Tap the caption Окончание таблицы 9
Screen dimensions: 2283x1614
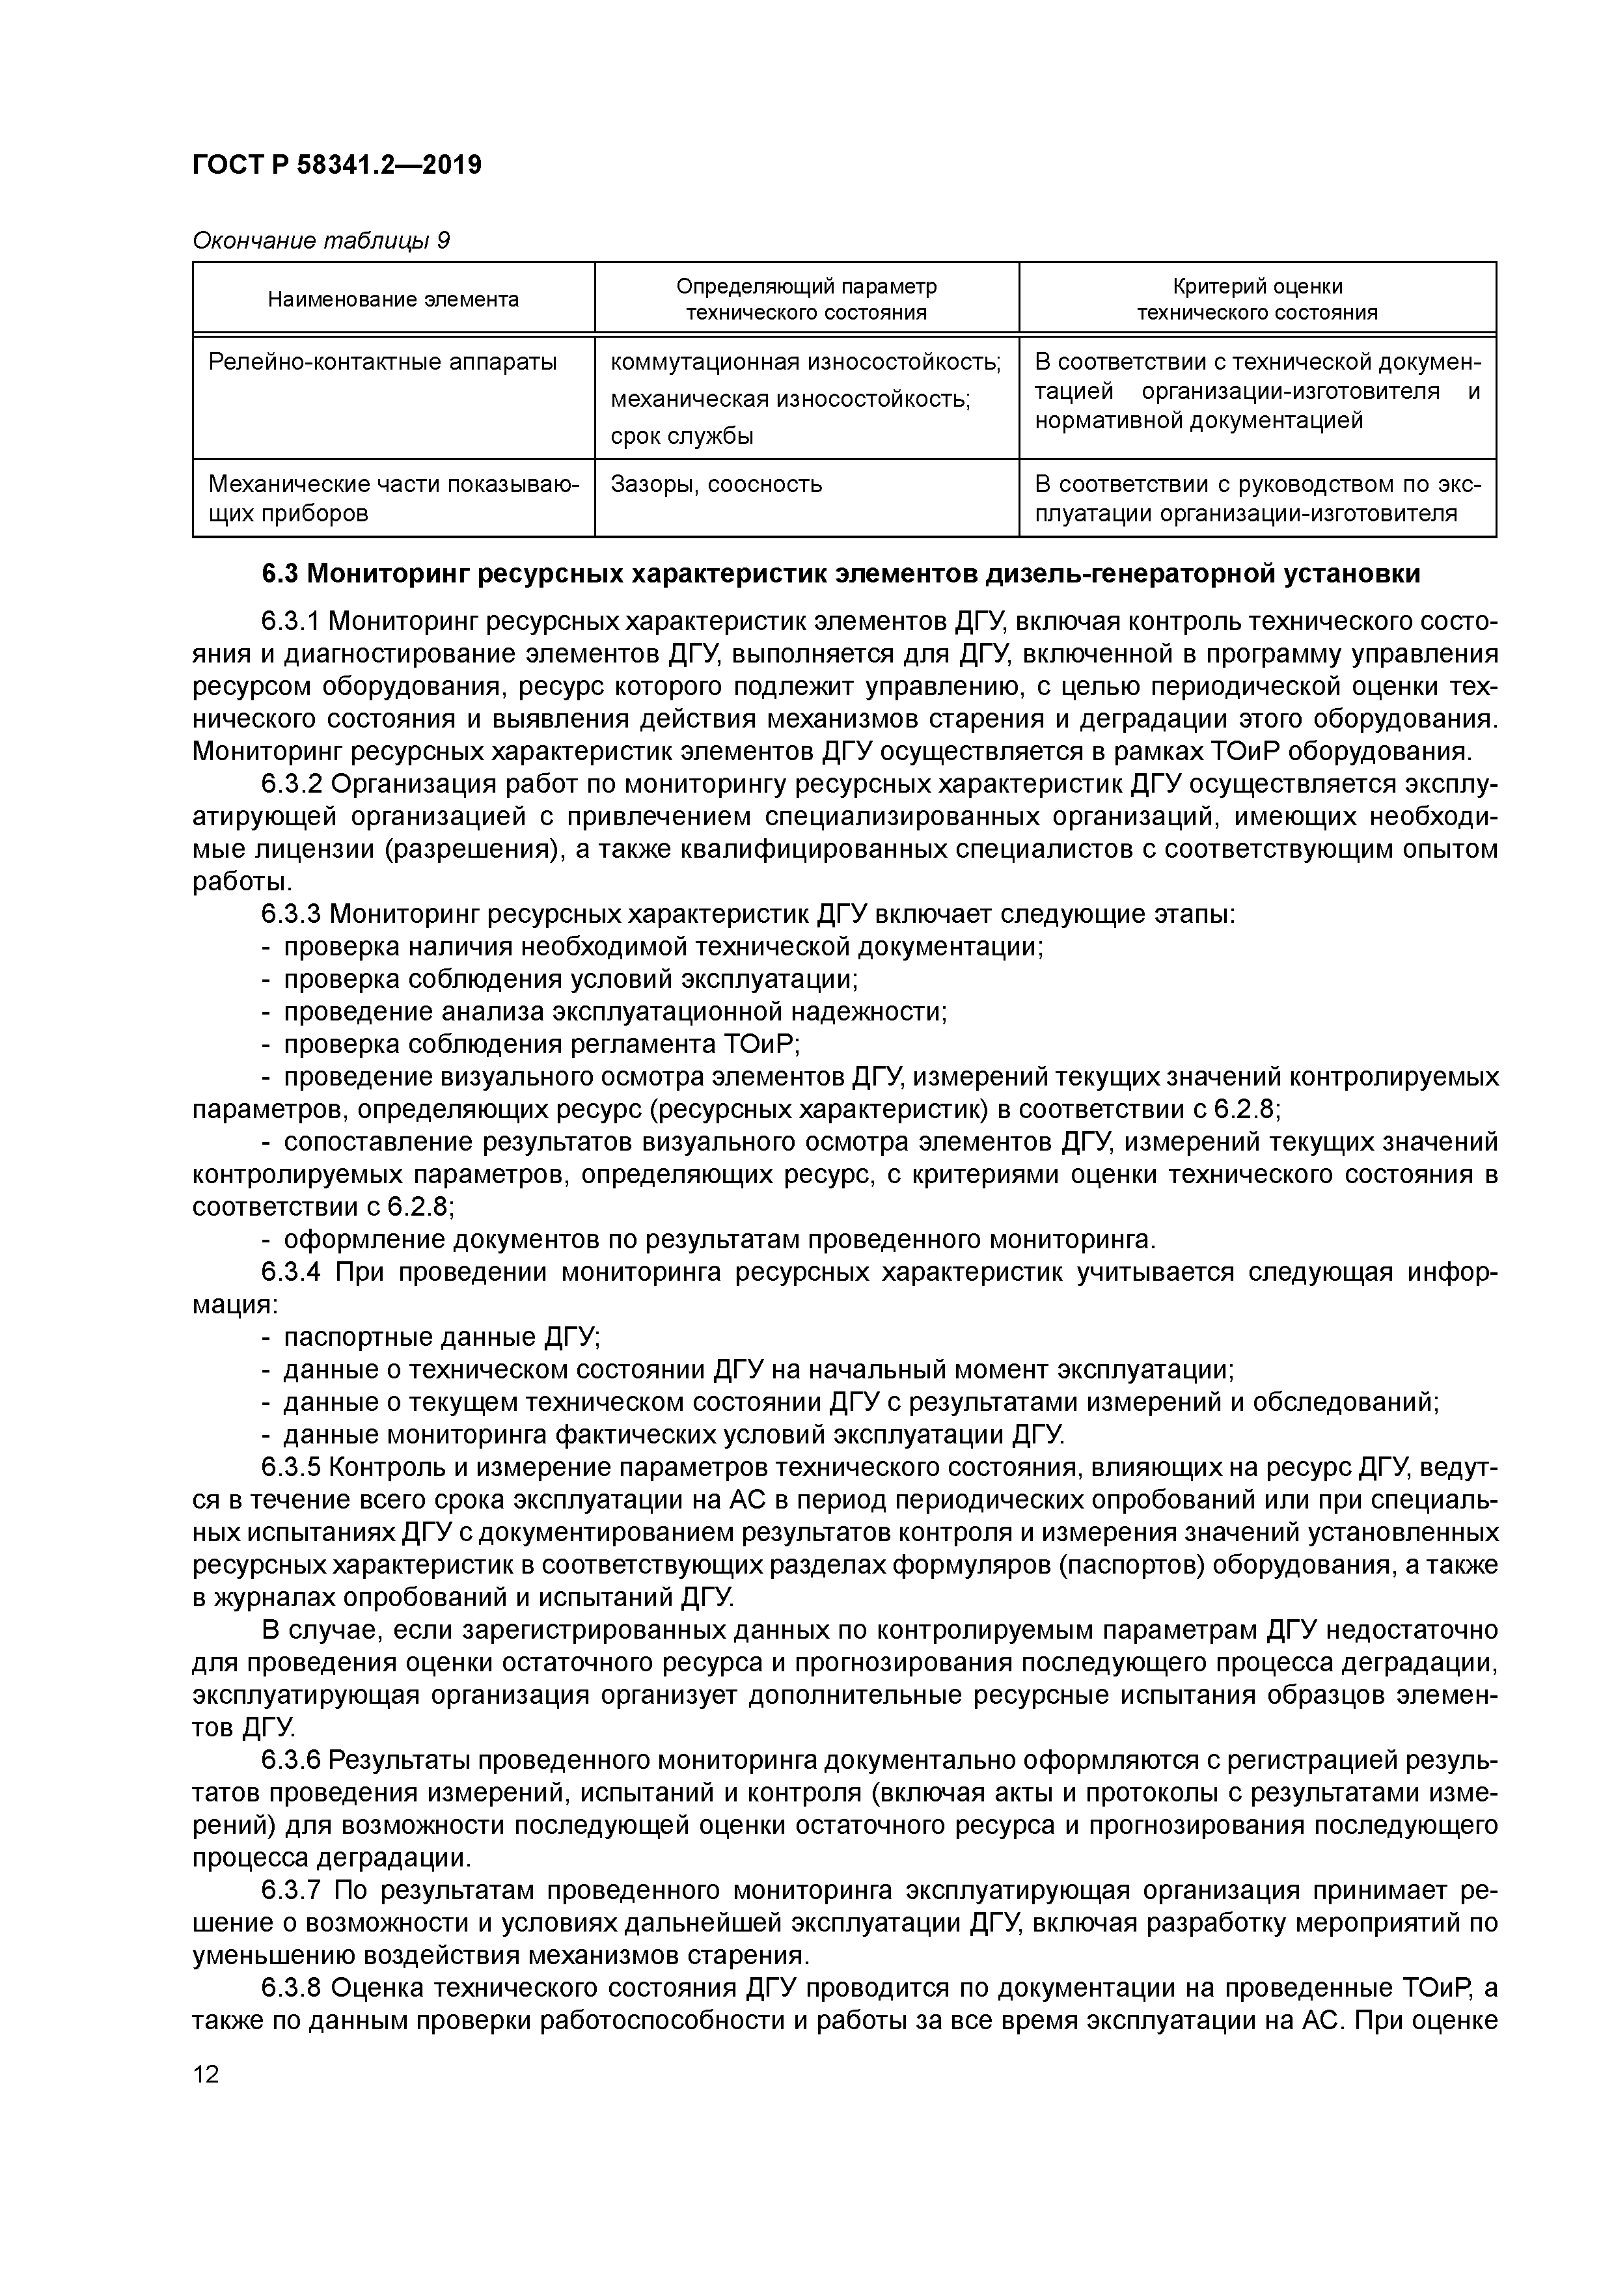[320, 241]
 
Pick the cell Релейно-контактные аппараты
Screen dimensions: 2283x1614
[383, 362]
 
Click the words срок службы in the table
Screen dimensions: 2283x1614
[681, 435]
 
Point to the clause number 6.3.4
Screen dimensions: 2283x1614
[292, 1273]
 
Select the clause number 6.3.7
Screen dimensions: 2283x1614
[292, 1889]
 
